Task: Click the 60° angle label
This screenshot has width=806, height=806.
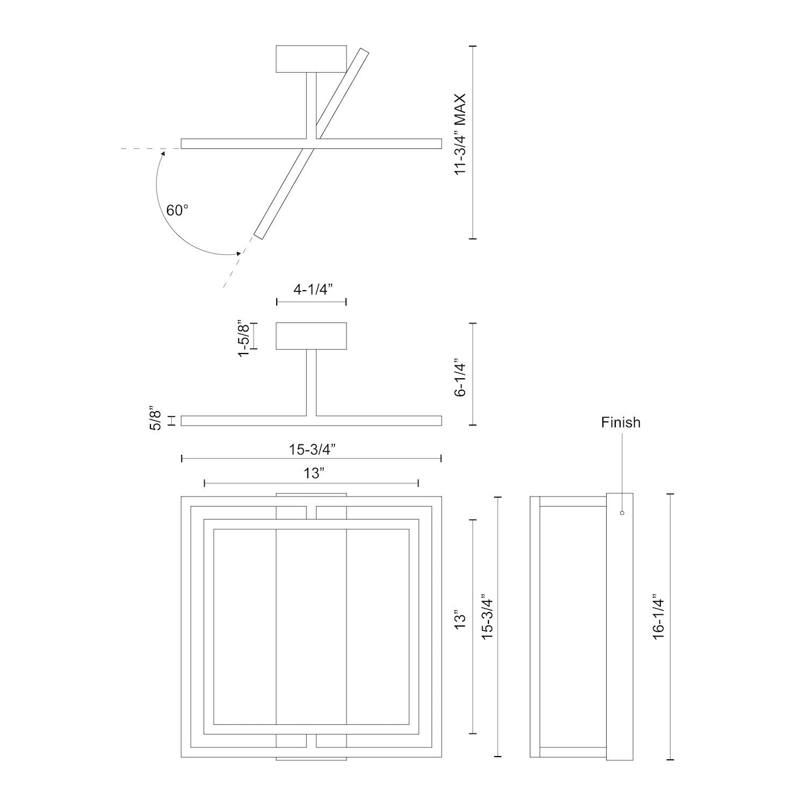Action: pyautogui.click(x=177, y=210)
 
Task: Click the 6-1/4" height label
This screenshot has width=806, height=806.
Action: pyautogui.click(x=459, y=377)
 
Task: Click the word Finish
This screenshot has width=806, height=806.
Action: pyautogui.click(x=621, y=422)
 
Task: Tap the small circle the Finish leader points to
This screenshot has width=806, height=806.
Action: pyautogui.click(x=622, y=513)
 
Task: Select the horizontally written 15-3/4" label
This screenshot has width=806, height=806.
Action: pyautogui.click(x=312, y=449)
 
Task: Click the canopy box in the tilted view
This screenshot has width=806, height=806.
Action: pyautogui.click(x=311, y=59)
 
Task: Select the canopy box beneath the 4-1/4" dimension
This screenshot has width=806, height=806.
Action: pyautogui.click(x=311, y=336)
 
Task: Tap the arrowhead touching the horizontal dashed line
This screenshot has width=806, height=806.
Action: pyautogui.click(x=163, y=153)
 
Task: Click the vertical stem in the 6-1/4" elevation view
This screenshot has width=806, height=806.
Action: pyautogui.click(x=311, y=382)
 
